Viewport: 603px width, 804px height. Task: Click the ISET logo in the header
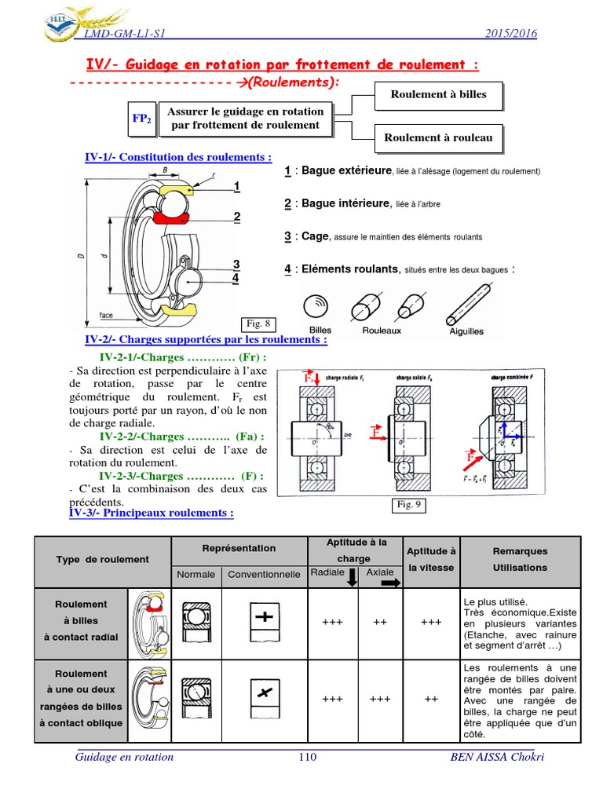tap(54, 22)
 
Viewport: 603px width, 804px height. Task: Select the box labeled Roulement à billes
tap(439, 95)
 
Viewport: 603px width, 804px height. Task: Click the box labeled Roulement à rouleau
tap(438, 138)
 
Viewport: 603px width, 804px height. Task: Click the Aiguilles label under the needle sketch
tap(466, 331)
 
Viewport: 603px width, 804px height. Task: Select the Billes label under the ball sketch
tap(320, 331)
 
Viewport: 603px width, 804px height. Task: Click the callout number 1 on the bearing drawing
tap(236, 186)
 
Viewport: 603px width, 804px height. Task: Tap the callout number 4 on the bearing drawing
tap(236, 277)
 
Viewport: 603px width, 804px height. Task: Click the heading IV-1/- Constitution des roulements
tap(178, 157)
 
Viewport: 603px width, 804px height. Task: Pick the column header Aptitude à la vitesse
tap(431, 559)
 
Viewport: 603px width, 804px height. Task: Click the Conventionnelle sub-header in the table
tap(264, 574)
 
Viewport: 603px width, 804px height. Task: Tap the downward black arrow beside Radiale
tap(352, 577)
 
